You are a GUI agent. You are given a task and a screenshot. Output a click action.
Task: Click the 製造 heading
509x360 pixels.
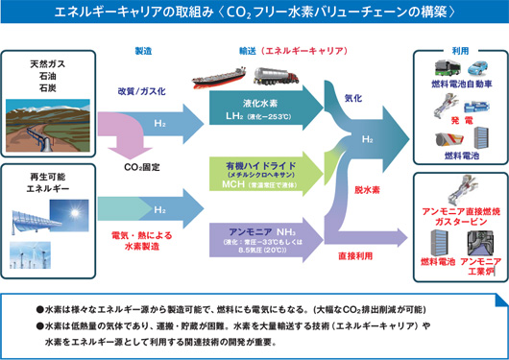pos(143,49)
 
